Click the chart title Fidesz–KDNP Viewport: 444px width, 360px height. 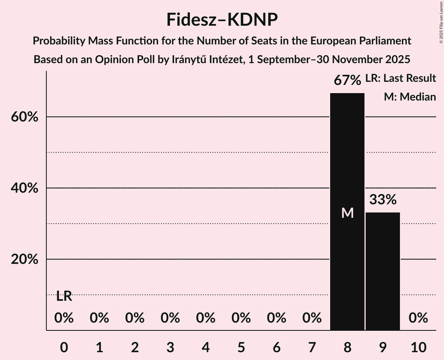coord(222,19)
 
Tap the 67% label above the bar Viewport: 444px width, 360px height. coord(347,81)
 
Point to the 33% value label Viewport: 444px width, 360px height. coord(383,200)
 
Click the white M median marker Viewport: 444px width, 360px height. coord(347,213)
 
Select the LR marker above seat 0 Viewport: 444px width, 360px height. coord(64,296)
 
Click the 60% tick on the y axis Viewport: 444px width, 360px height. coord(25,117)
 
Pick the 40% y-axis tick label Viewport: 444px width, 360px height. coord(25,188)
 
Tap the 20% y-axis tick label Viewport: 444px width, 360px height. coord(25,259)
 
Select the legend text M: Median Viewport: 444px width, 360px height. coord(410,97)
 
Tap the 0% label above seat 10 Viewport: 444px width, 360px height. coord(418,318)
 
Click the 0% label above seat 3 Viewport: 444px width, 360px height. coord(170,318)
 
